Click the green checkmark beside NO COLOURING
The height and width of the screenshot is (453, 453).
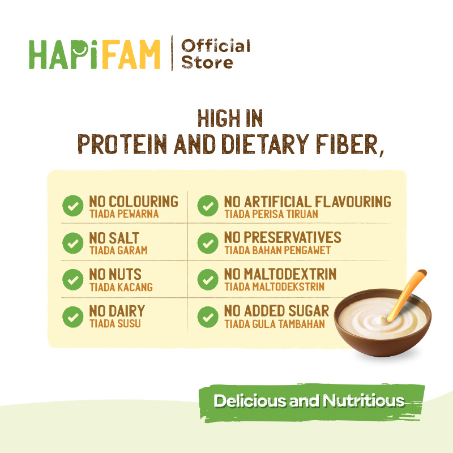point(73,206)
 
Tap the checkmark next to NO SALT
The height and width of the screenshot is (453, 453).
point(73,243)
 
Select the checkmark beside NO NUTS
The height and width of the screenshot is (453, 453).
point(73,279)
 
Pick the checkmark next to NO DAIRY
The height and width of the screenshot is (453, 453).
point(73,317)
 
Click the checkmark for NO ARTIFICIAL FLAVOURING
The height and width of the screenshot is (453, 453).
point(208,206)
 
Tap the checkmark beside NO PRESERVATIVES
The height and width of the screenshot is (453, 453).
point(208,243)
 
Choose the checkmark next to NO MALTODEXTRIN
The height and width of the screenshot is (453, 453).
point(208,279)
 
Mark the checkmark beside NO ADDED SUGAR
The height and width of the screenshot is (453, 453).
point(208,317)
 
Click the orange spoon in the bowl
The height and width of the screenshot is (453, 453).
point(406,295)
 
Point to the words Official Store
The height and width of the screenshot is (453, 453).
point(215,54)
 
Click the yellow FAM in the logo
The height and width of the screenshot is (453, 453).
point(131,54)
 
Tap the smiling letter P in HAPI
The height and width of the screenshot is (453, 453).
point(79,54)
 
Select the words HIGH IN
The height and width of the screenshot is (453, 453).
point(230,118)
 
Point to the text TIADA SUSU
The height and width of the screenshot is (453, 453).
point(115,323)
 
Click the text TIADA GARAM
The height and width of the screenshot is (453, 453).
point(118,250)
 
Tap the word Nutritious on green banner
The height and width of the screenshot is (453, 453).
point(364,401)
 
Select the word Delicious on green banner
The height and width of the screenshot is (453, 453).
point(250,401)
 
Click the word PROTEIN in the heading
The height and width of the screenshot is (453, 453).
point(122,144)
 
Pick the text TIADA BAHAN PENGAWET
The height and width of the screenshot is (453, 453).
point(277,250)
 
